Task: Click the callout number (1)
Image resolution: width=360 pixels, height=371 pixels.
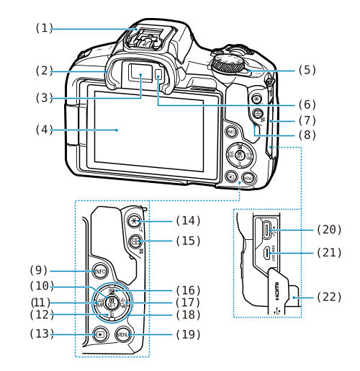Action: (x=45, y=29)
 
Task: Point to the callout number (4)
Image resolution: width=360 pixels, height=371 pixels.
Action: (x=45, y=130)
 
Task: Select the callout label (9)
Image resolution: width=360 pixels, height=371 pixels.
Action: (x=39, y=271)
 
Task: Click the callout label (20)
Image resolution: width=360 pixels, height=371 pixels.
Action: (x=329, y=229)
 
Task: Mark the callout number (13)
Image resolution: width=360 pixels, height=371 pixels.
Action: (x=39, y=334)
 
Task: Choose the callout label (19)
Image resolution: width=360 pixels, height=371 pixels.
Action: (x=187, y=334)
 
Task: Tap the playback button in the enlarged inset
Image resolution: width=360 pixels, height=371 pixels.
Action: (x=101, y=334)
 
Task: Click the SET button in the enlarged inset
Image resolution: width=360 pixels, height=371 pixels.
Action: (x=112, y=302)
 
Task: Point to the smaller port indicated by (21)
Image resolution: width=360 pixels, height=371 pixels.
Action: (x=266, y=253)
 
